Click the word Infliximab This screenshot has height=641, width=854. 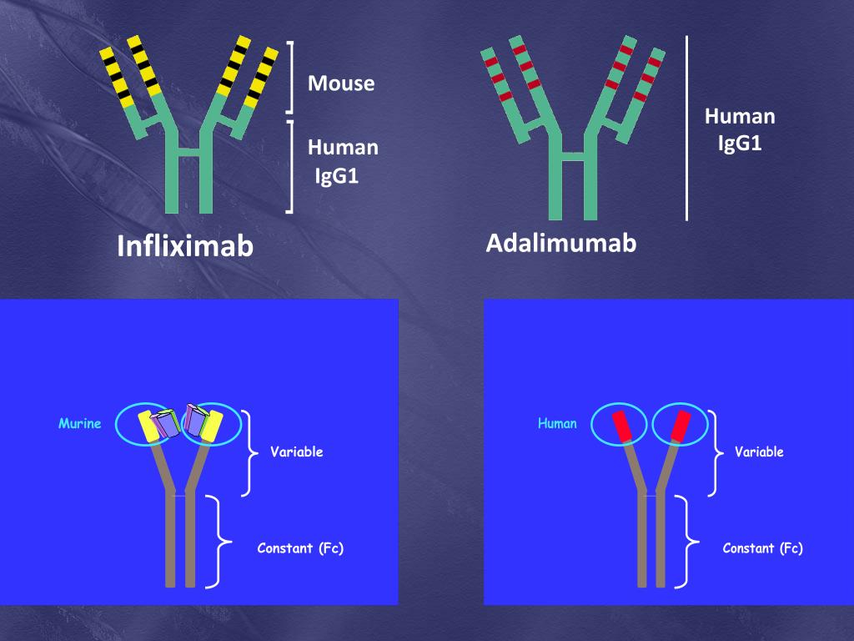pyautogui.click(x=185, y=246)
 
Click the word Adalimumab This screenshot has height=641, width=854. pyautogui.click(x=560, y=243)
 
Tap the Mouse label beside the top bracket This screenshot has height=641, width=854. pyautogui.click(x=341, y=83)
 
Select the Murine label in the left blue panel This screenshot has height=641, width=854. pyautogui.click(x=79, y=424)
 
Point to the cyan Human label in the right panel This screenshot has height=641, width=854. pyautogui.click(x=557, y=424)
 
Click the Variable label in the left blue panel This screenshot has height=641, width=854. pyautogui.click(x=296, y=452)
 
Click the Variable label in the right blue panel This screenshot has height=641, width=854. pyautogui.click(x=759, y=452)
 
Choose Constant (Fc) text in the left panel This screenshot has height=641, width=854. pyautogui.click(x=300, y=548)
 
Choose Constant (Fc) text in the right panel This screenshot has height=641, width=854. pyautogui.click(x=762, y=548)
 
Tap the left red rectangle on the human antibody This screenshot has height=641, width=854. pyautogui.click(x=621, y=426)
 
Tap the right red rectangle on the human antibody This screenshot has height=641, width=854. pyautogui.click(x=680, y=426)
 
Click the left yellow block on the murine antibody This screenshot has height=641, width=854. pyautogui.click(x=149, y=426)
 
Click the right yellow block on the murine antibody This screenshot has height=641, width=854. pyautogui.click(x=212, y=426)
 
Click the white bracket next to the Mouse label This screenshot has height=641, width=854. pyautogui.click(x=290, y=77)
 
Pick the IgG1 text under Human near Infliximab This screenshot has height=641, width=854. pyautogui.click(x=337, y=176)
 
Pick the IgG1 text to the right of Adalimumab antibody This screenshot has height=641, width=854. pyautogui.click(x=740, y=144)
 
